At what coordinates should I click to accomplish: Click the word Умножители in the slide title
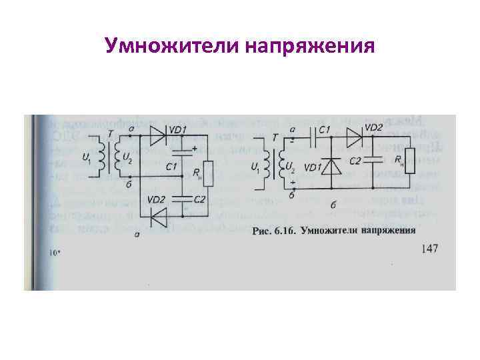(x=172, y=46)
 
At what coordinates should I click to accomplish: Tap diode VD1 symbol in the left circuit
(x=155, y=137)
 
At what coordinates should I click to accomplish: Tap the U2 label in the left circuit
(x=127, y=158)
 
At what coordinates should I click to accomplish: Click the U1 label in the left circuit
(x=87, y=158)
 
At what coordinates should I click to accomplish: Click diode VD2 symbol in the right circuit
(x=354, y=138)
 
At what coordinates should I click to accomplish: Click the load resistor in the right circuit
(x=408, y=161)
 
